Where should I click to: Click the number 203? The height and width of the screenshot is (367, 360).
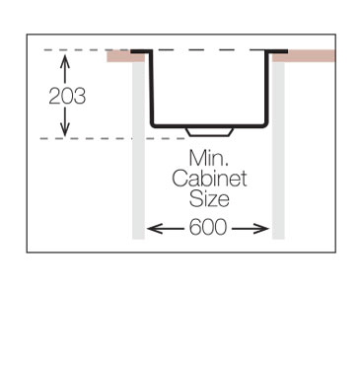tap(67, 96)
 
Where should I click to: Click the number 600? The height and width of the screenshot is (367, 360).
tap(208, 228)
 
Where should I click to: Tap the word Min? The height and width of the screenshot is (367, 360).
tap(208, 159)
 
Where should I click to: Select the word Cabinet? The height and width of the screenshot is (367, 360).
tap(208, 180)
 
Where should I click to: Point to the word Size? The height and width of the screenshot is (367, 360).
tap(208, 199)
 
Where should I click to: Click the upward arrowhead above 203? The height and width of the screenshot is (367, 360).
tap(66, 60)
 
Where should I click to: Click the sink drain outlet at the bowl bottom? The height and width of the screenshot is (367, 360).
tap(208, 131)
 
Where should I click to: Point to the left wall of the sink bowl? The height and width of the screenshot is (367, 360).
tap(152, 89)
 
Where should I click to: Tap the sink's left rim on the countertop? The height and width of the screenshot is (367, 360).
tap(140, 50)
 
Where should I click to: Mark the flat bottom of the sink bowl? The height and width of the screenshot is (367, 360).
tap(237, 124)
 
